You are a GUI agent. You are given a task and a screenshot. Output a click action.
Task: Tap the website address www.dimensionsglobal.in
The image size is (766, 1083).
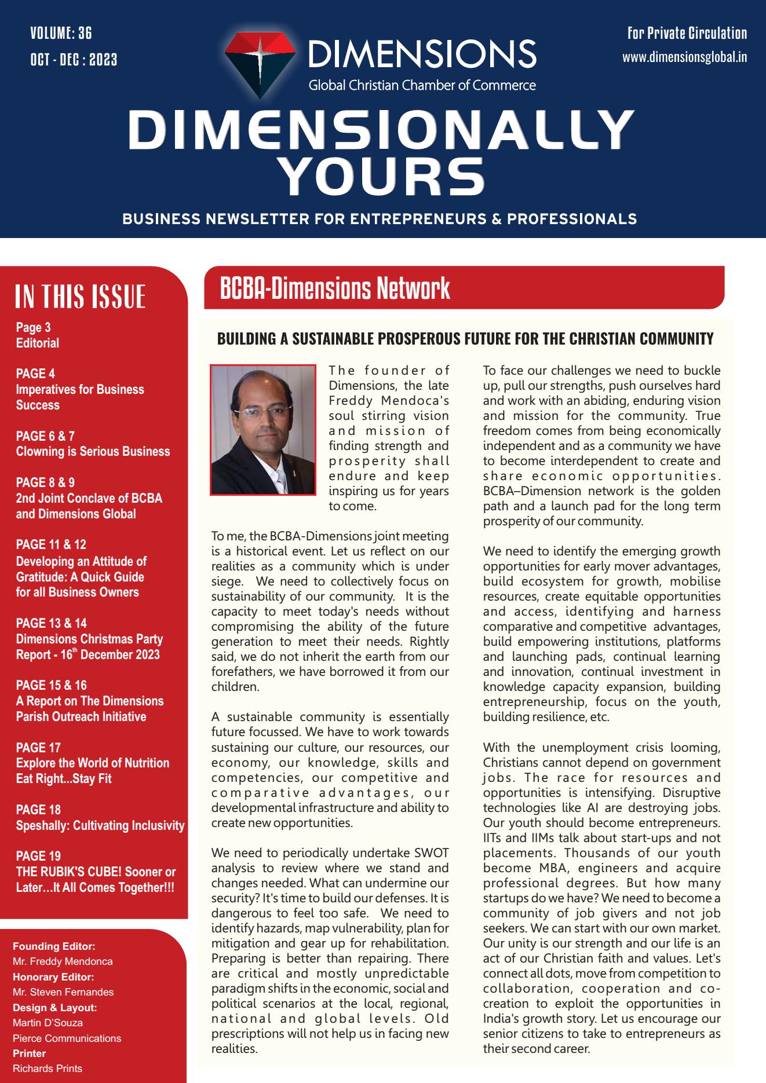pyautogui.click(x=684, y=57)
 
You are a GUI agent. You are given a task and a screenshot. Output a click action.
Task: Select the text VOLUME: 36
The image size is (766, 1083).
pyautogui.click(x=61, y=33)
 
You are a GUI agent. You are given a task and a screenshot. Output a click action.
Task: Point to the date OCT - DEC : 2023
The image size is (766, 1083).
pyautogui.click(x=74, y=59)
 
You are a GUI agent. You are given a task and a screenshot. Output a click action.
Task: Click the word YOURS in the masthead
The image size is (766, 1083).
pyautogui.click(x=382, y=174)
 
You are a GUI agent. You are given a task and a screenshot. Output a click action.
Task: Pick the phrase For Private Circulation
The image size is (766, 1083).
pyautogui.click(x=687, y=33)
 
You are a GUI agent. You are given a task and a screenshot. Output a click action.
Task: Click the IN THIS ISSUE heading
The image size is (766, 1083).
pyautogui.click(x=80, y=297)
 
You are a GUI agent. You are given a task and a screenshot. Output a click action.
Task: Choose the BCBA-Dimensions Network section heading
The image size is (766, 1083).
pyautogui.click(x=335, y=288)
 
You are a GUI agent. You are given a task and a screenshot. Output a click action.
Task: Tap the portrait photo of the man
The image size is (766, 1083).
pyautogui.click(x=262, y=430)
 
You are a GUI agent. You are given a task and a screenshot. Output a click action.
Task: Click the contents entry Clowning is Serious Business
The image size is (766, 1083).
pyautogui.click(x=93, y=452)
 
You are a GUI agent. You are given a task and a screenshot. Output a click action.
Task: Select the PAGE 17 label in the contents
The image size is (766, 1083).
pyautogui.click(x=38, y=748)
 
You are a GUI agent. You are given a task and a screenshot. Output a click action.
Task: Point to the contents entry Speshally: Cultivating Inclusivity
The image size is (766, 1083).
pyautogui.click(x=100, y=825)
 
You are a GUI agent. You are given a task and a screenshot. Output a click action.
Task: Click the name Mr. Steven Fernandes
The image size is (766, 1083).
pyautogui.click(x=63, y=992)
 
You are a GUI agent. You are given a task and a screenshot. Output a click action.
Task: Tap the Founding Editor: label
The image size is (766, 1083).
pyautogui.click(x=54, y=946)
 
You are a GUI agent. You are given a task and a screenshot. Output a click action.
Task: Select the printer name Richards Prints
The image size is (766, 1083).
pyautogui.click(x=48, y=1069)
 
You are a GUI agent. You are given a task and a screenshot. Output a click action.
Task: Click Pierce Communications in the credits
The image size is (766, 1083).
pyautogui.click(x=67, y=1038)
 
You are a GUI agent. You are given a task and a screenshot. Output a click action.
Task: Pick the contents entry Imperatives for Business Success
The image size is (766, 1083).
pyautogui.click(x=79, y=397)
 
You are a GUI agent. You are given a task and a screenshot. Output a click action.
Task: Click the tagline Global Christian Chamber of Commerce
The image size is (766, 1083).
pyautogui.click(x=422, y=86)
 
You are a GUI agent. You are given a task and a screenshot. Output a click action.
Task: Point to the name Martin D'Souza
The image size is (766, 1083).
pyautogui.click(x=48, y=1023)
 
